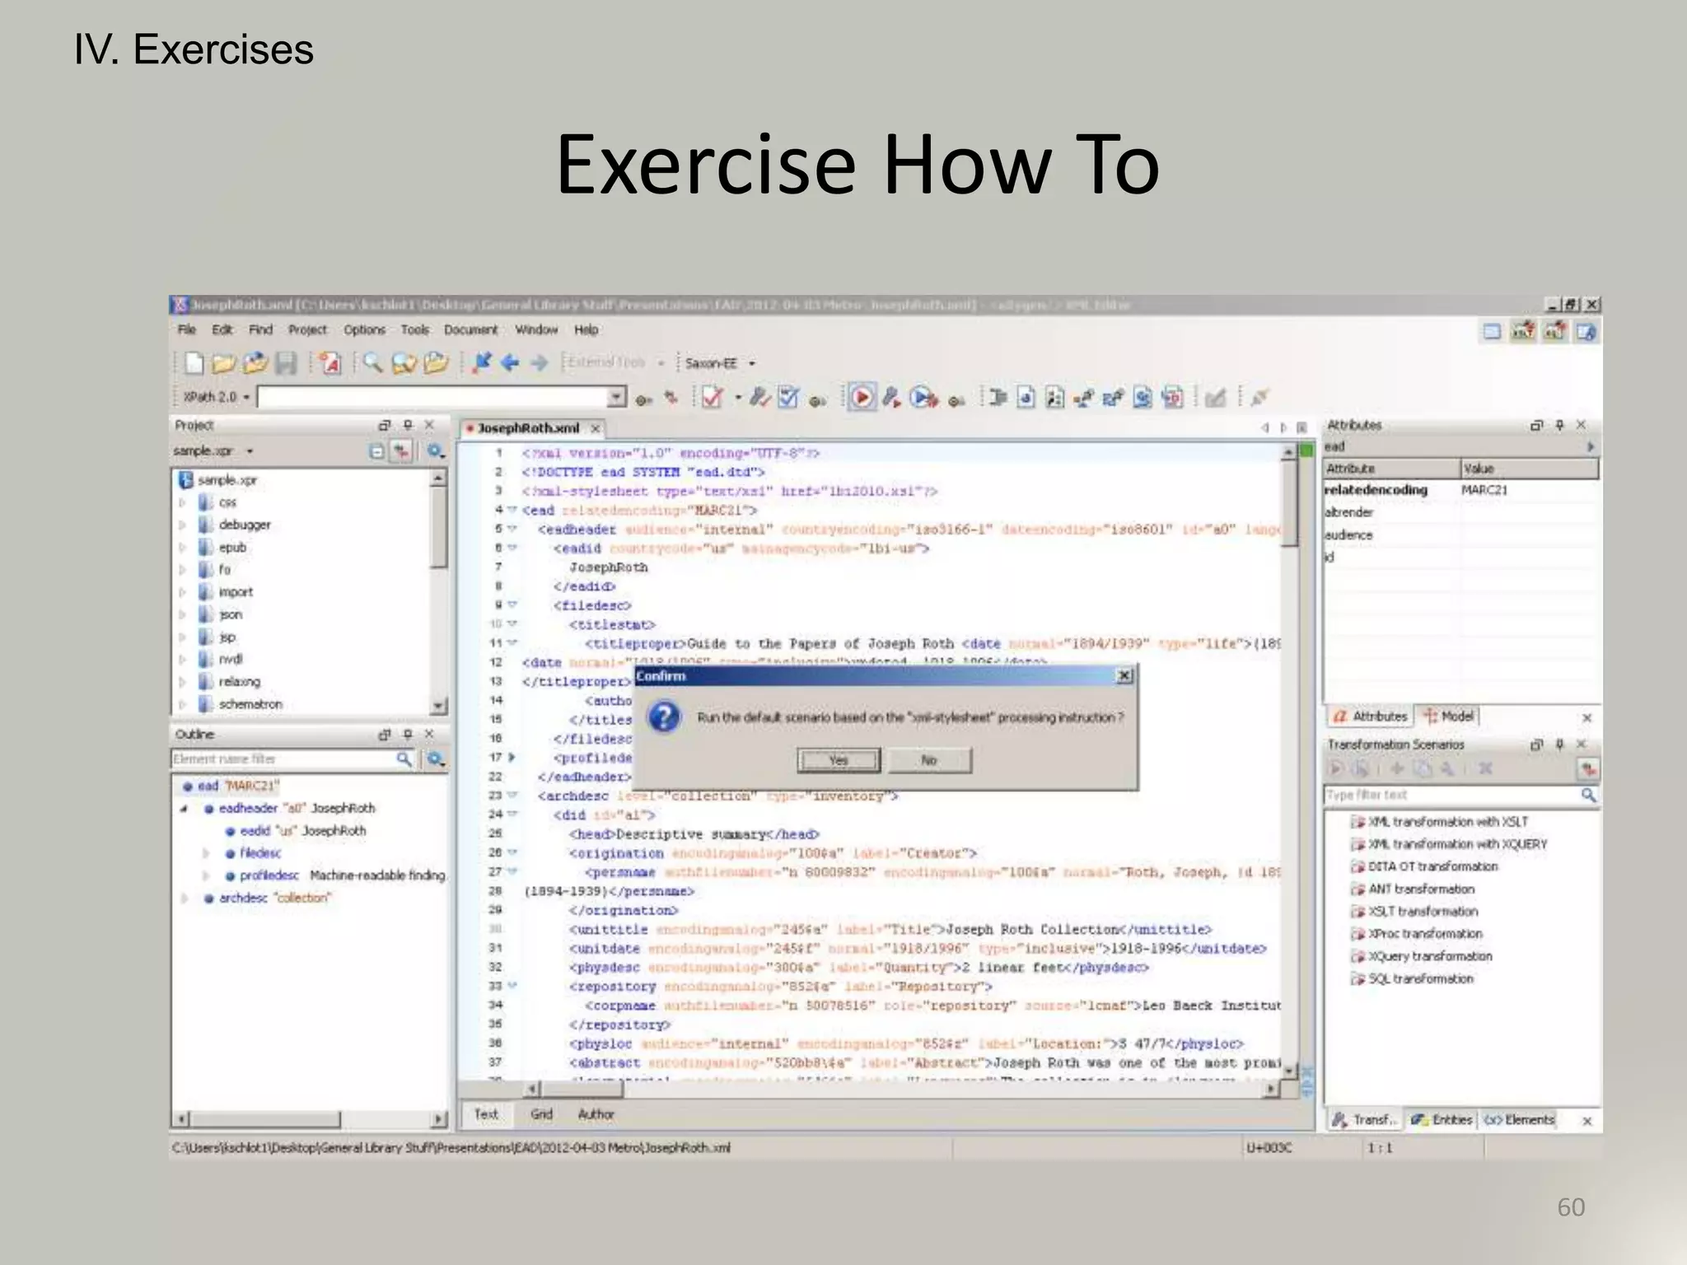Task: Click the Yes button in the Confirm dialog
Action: (x=838, y=760)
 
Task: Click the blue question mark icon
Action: (x=664, y=717)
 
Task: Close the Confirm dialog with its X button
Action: (x=1124, y=676)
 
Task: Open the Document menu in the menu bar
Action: (x=470, y=329)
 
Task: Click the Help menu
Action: (x=586, y=329)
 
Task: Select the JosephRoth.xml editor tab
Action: (x=528, y=428)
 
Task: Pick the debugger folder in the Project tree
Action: (x=244, y=525)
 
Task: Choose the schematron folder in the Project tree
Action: (x=250, y=704)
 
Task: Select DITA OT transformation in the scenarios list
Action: (x=1432, y=866)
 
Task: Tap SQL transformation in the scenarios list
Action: (x=1420, y=978)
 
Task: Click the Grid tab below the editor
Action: (x=541, y=1114)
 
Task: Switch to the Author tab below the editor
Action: (x=596, y=1114)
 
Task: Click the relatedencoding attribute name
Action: (x=1376, y=490)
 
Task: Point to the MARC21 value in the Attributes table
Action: (x=1484, y=490)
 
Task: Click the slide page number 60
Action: (x=1570, y=1207)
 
